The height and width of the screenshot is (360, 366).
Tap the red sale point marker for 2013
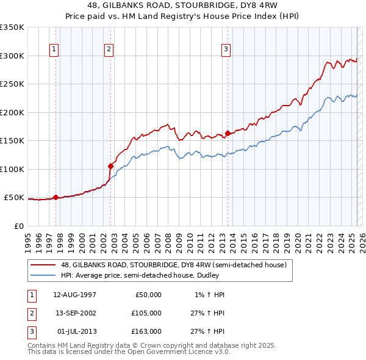228,133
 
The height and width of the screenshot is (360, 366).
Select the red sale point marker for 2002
111,166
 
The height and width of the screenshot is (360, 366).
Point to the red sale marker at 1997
56,197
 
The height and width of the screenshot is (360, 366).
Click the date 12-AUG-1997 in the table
74,295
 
